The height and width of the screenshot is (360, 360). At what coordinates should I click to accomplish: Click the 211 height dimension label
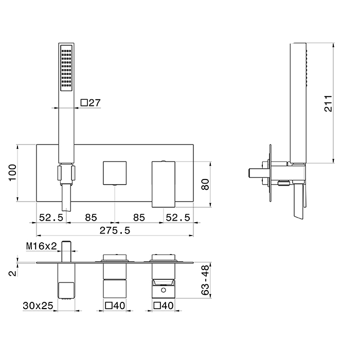click(x=328, y=103)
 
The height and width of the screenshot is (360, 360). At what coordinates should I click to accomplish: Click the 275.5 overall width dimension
click(x=115, y=230)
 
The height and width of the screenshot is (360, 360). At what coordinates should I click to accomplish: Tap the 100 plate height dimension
click(x=13, y=173)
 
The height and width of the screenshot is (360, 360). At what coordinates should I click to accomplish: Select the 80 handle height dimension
click(x=205, y=184)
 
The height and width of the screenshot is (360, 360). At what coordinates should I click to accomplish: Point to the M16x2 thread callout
click(x=41, y=246)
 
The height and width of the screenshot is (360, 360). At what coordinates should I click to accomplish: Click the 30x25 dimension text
click(x=38, y=306)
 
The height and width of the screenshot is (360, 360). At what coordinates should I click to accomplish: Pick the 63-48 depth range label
click(x=205, y=280)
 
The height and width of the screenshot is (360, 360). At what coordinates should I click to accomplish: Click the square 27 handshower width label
click(x=91, y=103)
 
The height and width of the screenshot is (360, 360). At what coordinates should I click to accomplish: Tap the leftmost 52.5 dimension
click(x=51, y=218)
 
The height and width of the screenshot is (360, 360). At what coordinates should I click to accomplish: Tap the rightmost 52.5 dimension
click(x=178, y=218)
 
